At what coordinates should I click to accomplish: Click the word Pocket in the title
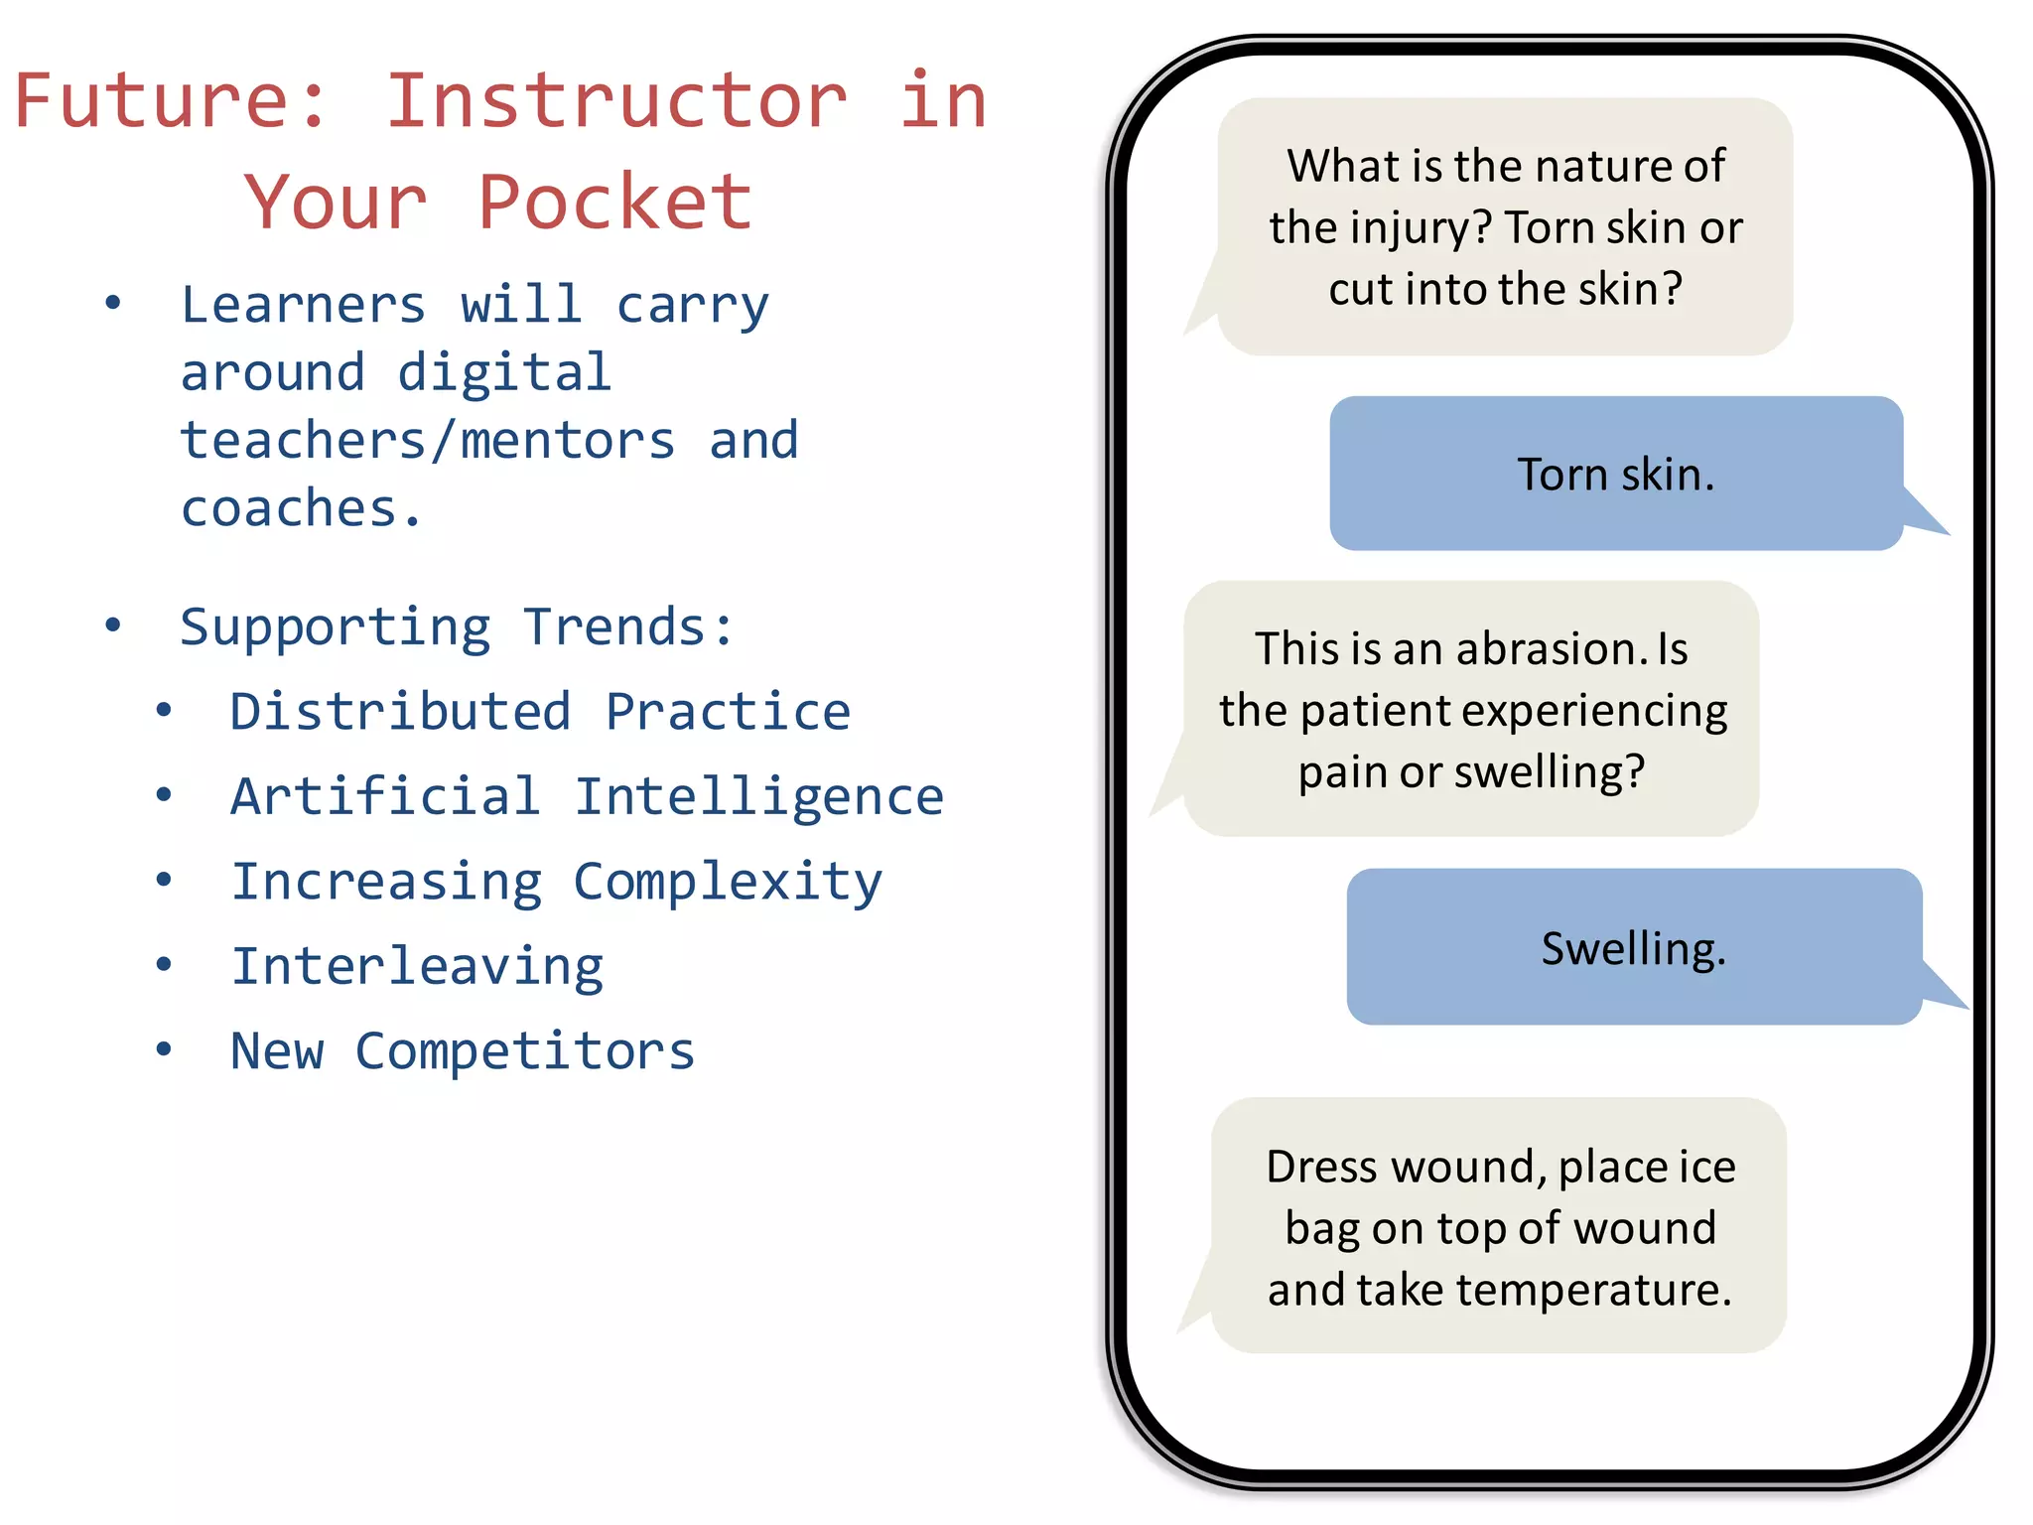(614, 203)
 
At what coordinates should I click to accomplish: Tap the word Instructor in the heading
(616, 101)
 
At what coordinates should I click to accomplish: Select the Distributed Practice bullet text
(540, 712)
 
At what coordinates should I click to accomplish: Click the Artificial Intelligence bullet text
(587, 796)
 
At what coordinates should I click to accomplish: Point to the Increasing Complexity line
(556, 882)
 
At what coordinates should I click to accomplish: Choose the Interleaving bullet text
(417, 967)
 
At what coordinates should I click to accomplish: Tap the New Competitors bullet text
(463, 1051)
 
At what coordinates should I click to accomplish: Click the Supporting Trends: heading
(457, 627)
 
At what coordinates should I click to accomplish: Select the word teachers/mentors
(428, 441)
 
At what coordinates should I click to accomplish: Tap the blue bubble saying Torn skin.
(1615, 475)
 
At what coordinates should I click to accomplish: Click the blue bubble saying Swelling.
(1633, 948)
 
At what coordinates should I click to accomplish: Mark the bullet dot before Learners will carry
(113, 303)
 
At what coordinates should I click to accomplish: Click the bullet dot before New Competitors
(164, 1049)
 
